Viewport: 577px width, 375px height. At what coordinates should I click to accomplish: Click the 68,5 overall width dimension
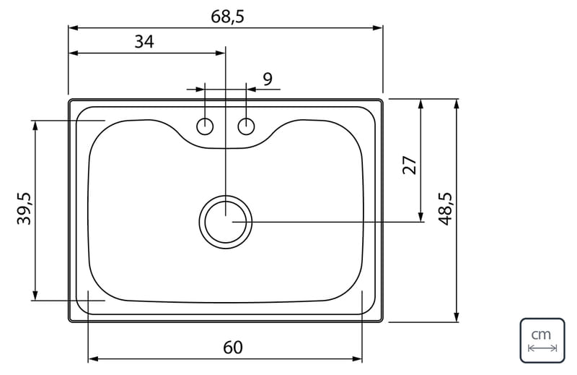(227, 17)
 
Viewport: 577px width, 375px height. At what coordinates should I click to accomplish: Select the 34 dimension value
(144, 42)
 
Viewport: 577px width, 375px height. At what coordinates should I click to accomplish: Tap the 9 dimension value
(268, 79)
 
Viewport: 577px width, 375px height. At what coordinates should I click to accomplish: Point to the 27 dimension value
(410, 165)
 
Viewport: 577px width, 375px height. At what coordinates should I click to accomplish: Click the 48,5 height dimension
(445, 209)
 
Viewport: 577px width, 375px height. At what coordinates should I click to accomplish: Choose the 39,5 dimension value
(25, 209)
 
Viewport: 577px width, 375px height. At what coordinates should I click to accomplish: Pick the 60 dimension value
(233, 348)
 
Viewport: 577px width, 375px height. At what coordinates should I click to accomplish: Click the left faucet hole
(205, 126)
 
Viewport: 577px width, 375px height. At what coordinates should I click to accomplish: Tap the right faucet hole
(246, 126)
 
